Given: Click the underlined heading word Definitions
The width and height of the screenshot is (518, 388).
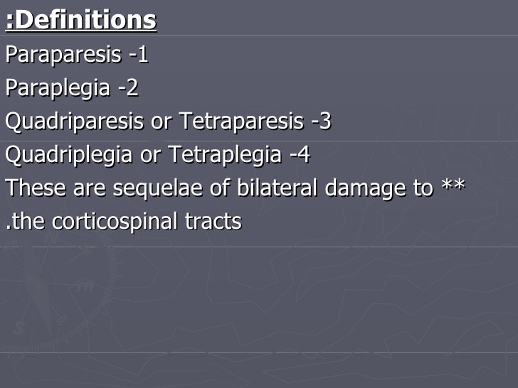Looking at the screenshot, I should click(x=85, y=21).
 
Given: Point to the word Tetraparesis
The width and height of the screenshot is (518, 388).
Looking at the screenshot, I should click(x=242, y=122).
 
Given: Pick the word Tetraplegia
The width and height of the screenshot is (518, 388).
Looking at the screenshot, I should click(x=226, y=155).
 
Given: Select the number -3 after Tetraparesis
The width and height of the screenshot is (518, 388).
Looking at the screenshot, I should click(x=322, y=122).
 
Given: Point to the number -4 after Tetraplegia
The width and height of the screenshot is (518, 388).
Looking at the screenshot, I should click(x=300, y=155).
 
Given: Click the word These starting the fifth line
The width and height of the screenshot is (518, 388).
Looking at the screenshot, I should click(x=33, y=188).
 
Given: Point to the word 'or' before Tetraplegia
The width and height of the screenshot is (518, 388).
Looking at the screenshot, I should click(x=150, y=156).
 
